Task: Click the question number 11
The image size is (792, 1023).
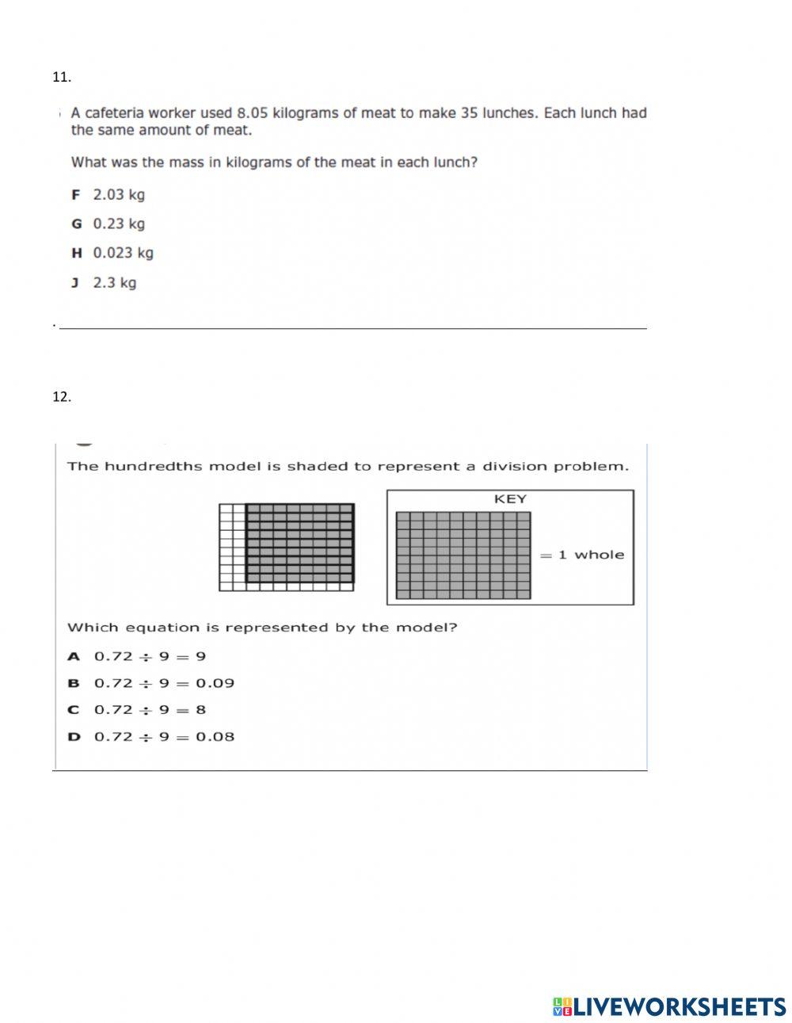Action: click(x=62, y=77)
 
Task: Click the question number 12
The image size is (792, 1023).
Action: click(x=62, y=397)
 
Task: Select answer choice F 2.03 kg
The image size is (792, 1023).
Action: click(x=109, y=195)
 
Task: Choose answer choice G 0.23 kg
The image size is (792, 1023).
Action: click(x=109, y=224)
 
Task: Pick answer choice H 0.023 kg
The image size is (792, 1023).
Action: click(x=112, y=254)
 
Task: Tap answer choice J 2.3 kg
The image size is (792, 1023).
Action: click(x=104, y=283)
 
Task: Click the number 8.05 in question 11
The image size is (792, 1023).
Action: click(x=253, y=113)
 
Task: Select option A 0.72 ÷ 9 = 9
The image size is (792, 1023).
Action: click(x=137, y=656)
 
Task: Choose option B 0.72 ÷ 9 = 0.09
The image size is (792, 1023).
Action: click(x=151, y=683)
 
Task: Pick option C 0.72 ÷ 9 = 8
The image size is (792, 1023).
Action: click(x=137, y=710)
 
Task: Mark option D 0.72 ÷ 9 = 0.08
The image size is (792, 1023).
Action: click(x=151, y=737)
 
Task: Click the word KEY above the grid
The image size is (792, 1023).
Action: click(x=510, y=499)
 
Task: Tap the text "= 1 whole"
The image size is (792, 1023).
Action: click(x=582, y=555)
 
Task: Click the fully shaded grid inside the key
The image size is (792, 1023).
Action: click(x=463, y=555)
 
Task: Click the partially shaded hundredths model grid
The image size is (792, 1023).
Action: click(x=287, y=547)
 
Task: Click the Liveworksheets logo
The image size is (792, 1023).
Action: click(x=669, y=1006)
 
